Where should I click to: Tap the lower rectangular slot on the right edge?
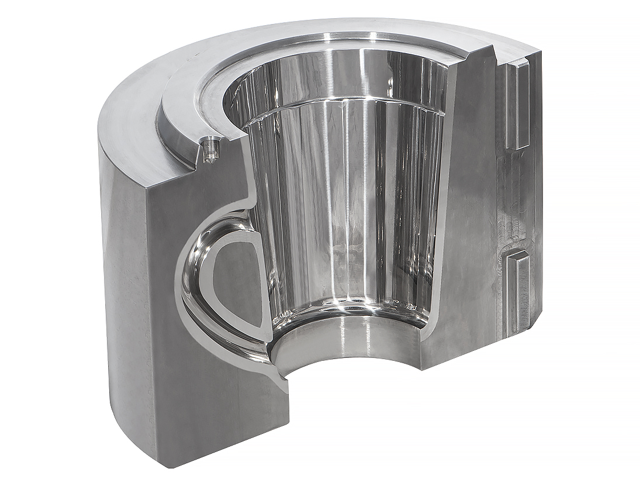pos(518,289)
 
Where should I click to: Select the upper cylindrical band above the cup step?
pos(345,76)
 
